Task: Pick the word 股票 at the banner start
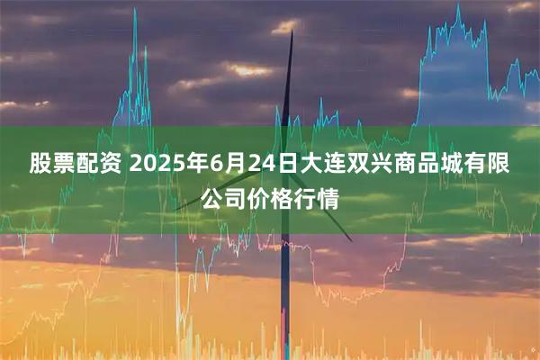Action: point(53,164)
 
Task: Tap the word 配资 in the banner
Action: point(100,164)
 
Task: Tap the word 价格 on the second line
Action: point(271,198)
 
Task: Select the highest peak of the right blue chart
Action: point(457,6)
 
